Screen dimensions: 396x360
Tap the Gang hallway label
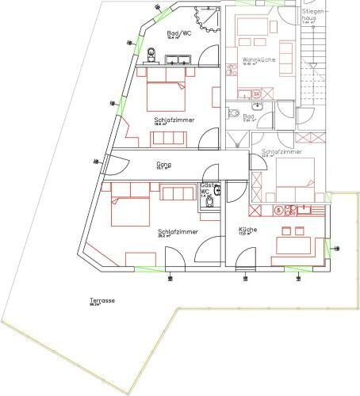pyautogui.click(x=164, y=164)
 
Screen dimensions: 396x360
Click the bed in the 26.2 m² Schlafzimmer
pyautogui.click(x=128, y=208)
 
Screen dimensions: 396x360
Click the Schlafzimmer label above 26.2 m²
pyautogui.click(x=178, y=230)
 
